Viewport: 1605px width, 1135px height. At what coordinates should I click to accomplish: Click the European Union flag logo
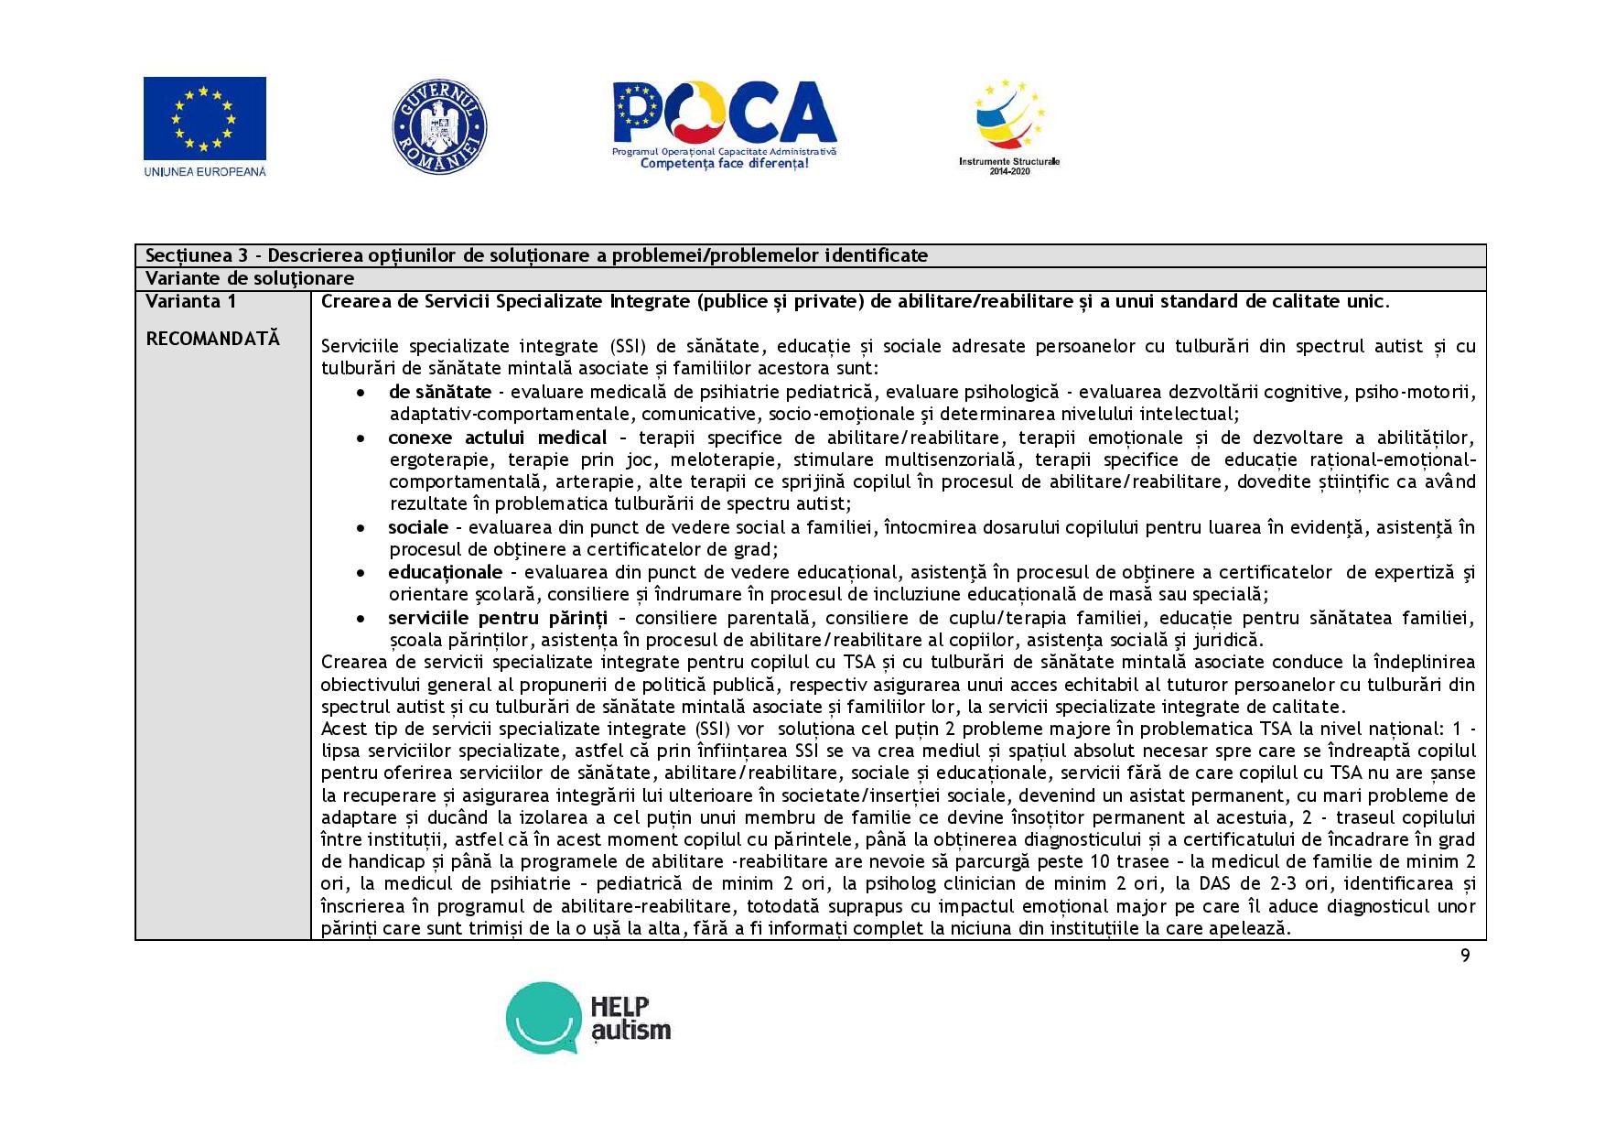tap(204, 119)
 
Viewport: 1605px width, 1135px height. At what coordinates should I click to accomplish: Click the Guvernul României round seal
tap(439, 126)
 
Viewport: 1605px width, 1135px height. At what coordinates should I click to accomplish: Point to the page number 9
tap(1465, 956)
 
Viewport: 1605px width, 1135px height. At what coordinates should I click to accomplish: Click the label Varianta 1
tap(190, 301)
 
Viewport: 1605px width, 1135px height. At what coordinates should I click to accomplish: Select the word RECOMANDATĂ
tap(212, 339)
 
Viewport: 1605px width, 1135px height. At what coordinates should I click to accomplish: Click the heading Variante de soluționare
tap(249, 278)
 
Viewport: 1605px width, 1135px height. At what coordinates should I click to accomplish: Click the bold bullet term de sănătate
tap(439, 392)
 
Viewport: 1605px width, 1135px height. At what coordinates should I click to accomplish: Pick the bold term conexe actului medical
tap(497, 438)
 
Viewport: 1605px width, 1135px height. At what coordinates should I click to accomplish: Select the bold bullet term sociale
tap(418, 527)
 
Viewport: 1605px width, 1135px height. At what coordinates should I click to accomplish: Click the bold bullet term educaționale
tap(445, 572)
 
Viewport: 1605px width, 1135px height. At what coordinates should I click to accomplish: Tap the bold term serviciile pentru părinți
tap(497, 618)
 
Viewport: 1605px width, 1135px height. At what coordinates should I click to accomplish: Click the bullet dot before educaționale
tap(362, 573)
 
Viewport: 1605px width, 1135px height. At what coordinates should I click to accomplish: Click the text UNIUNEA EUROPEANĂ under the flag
tap(205, 171)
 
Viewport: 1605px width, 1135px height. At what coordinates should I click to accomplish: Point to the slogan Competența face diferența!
tap(724, 163)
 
